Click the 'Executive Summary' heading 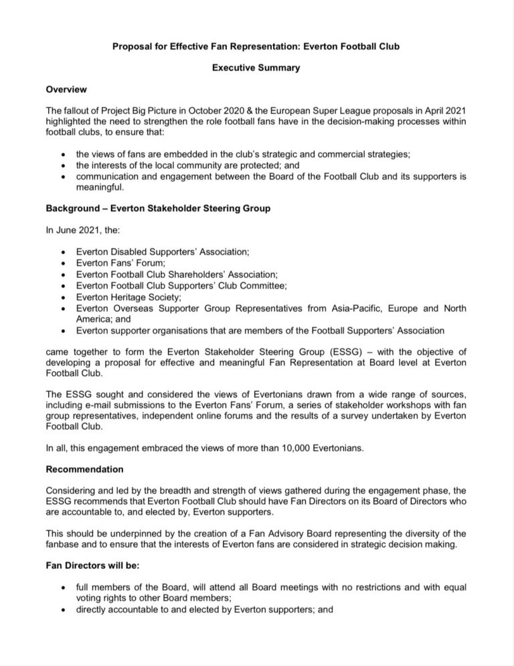click(256, 68)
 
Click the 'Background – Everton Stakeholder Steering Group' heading click(158, 209)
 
